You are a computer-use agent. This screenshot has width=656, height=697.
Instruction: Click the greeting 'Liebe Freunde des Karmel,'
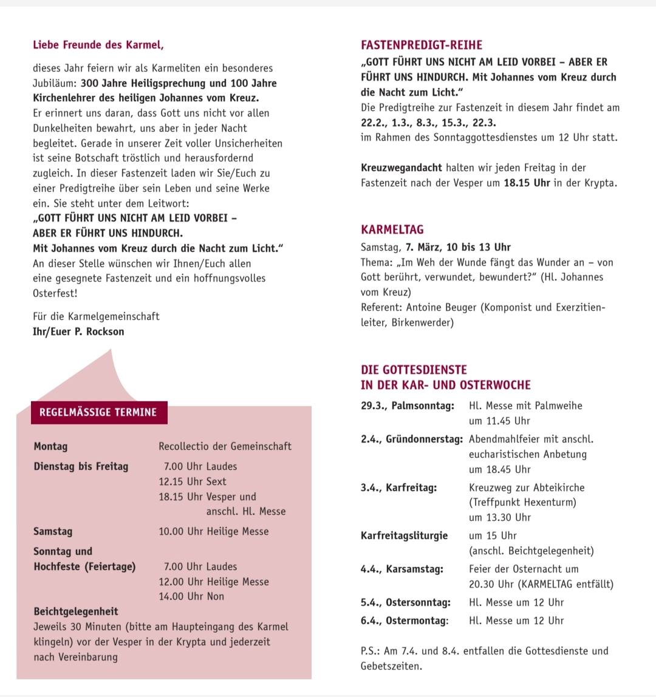[x=98, y=45]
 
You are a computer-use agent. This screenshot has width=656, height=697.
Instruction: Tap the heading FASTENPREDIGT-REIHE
[x=421, y=45]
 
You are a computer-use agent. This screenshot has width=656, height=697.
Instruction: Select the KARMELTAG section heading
[x=392, y=229]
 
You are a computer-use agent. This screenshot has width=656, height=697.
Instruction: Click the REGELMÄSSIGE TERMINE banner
[x=98, y=412]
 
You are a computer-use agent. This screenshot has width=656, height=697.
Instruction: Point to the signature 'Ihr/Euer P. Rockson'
[x=78, y=331]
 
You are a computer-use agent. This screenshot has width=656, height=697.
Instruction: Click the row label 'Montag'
[x=51, y=446]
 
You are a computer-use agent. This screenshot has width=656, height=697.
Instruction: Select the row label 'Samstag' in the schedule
[x=53, y=531]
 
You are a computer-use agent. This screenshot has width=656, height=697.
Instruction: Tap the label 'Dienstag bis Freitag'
[x=81, y=466]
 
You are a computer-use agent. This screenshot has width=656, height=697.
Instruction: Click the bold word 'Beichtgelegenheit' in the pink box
[x=76, y=611]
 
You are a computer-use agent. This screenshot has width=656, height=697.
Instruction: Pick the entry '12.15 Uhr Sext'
[x=192, y=481]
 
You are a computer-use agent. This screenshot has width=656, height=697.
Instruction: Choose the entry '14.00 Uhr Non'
[x=191, y=596]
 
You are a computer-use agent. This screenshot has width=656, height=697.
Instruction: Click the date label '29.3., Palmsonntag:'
[x=407, y=406]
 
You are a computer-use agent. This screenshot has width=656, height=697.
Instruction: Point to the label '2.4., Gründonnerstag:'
[x=411, y=439]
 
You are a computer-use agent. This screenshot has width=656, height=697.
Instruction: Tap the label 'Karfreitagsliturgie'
[x=404, y=535]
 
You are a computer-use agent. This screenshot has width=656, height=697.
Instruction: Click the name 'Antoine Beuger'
[x=442, y=307]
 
